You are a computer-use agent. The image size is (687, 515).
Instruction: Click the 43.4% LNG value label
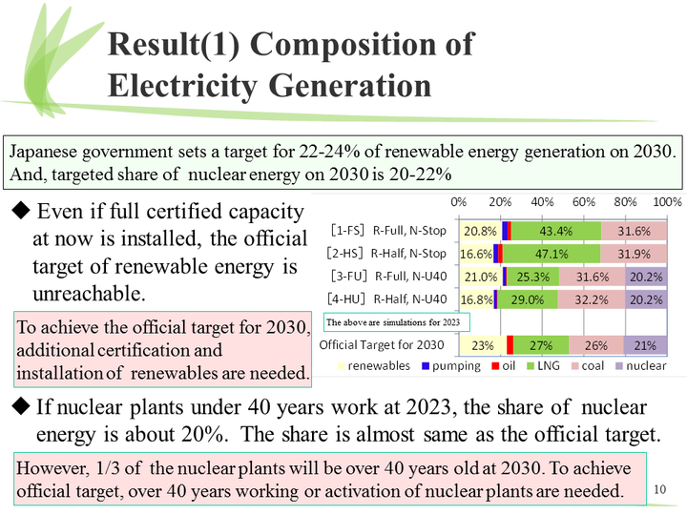click(555, 232)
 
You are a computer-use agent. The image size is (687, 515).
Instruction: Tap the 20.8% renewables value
click(479, 232)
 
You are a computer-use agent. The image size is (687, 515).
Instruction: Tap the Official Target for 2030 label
click(382, 344)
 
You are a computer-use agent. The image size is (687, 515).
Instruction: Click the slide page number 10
click(662, 490)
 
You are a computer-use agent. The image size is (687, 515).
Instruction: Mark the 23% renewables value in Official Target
click(482, 345)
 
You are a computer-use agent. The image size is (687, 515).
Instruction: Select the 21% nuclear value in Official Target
click(646, 345)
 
